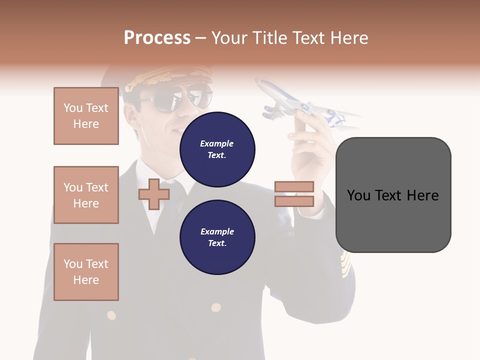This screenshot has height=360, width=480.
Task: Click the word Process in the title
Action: pyautogui.click(x=157, y=37)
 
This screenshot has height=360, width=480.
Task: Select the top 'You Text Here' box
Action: pyautogui.click(x=86, y=116)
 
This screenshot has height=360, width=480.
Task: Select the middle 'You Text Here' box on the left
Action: pyautogui.click(x=86, y=195)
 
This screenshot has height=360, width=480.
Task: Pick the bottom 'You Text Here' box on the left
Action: pyautogui.click(x=86, y=271)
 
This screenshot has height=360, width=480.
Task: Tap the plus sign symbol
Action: pyautogui.click(x=154, y=194)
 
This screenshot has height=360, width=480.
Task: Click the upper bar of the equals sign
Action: pyautogui.click(x=294, y=186)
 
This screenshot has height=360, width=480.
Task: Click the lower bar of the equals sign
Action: pyautogui.click(x=294, y=201)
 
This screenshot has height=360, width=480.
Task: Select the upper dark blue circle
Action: pyautogui.click(x=217, y=149)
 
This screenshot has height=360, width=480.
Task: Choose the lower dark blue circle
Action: pyautogui.click(x=217, y=237)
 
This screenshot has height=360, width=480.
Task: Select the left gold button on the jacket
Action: pyautogui.click(x=111, y=315)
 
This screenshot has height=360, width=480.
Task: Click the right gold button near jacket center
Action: pyautogui.click(x=215, y=307)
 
